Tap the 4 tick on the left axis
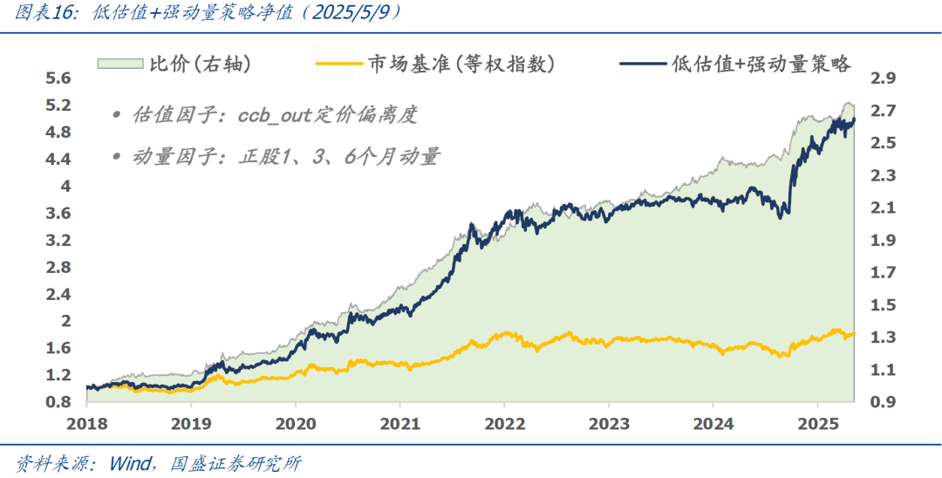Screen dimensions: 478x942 pos(65,186)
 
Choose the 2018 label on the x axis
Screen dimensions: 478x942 pos(87,423)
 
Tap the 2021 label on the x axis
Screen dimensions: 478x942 pos(399,423)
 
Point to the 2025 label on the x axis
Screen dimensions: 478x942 pos(816,423)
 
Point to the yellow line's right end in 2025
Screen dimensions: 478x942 pos(853,333)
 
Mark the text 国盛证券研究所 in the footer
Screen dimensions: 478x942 pos(235,463)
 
